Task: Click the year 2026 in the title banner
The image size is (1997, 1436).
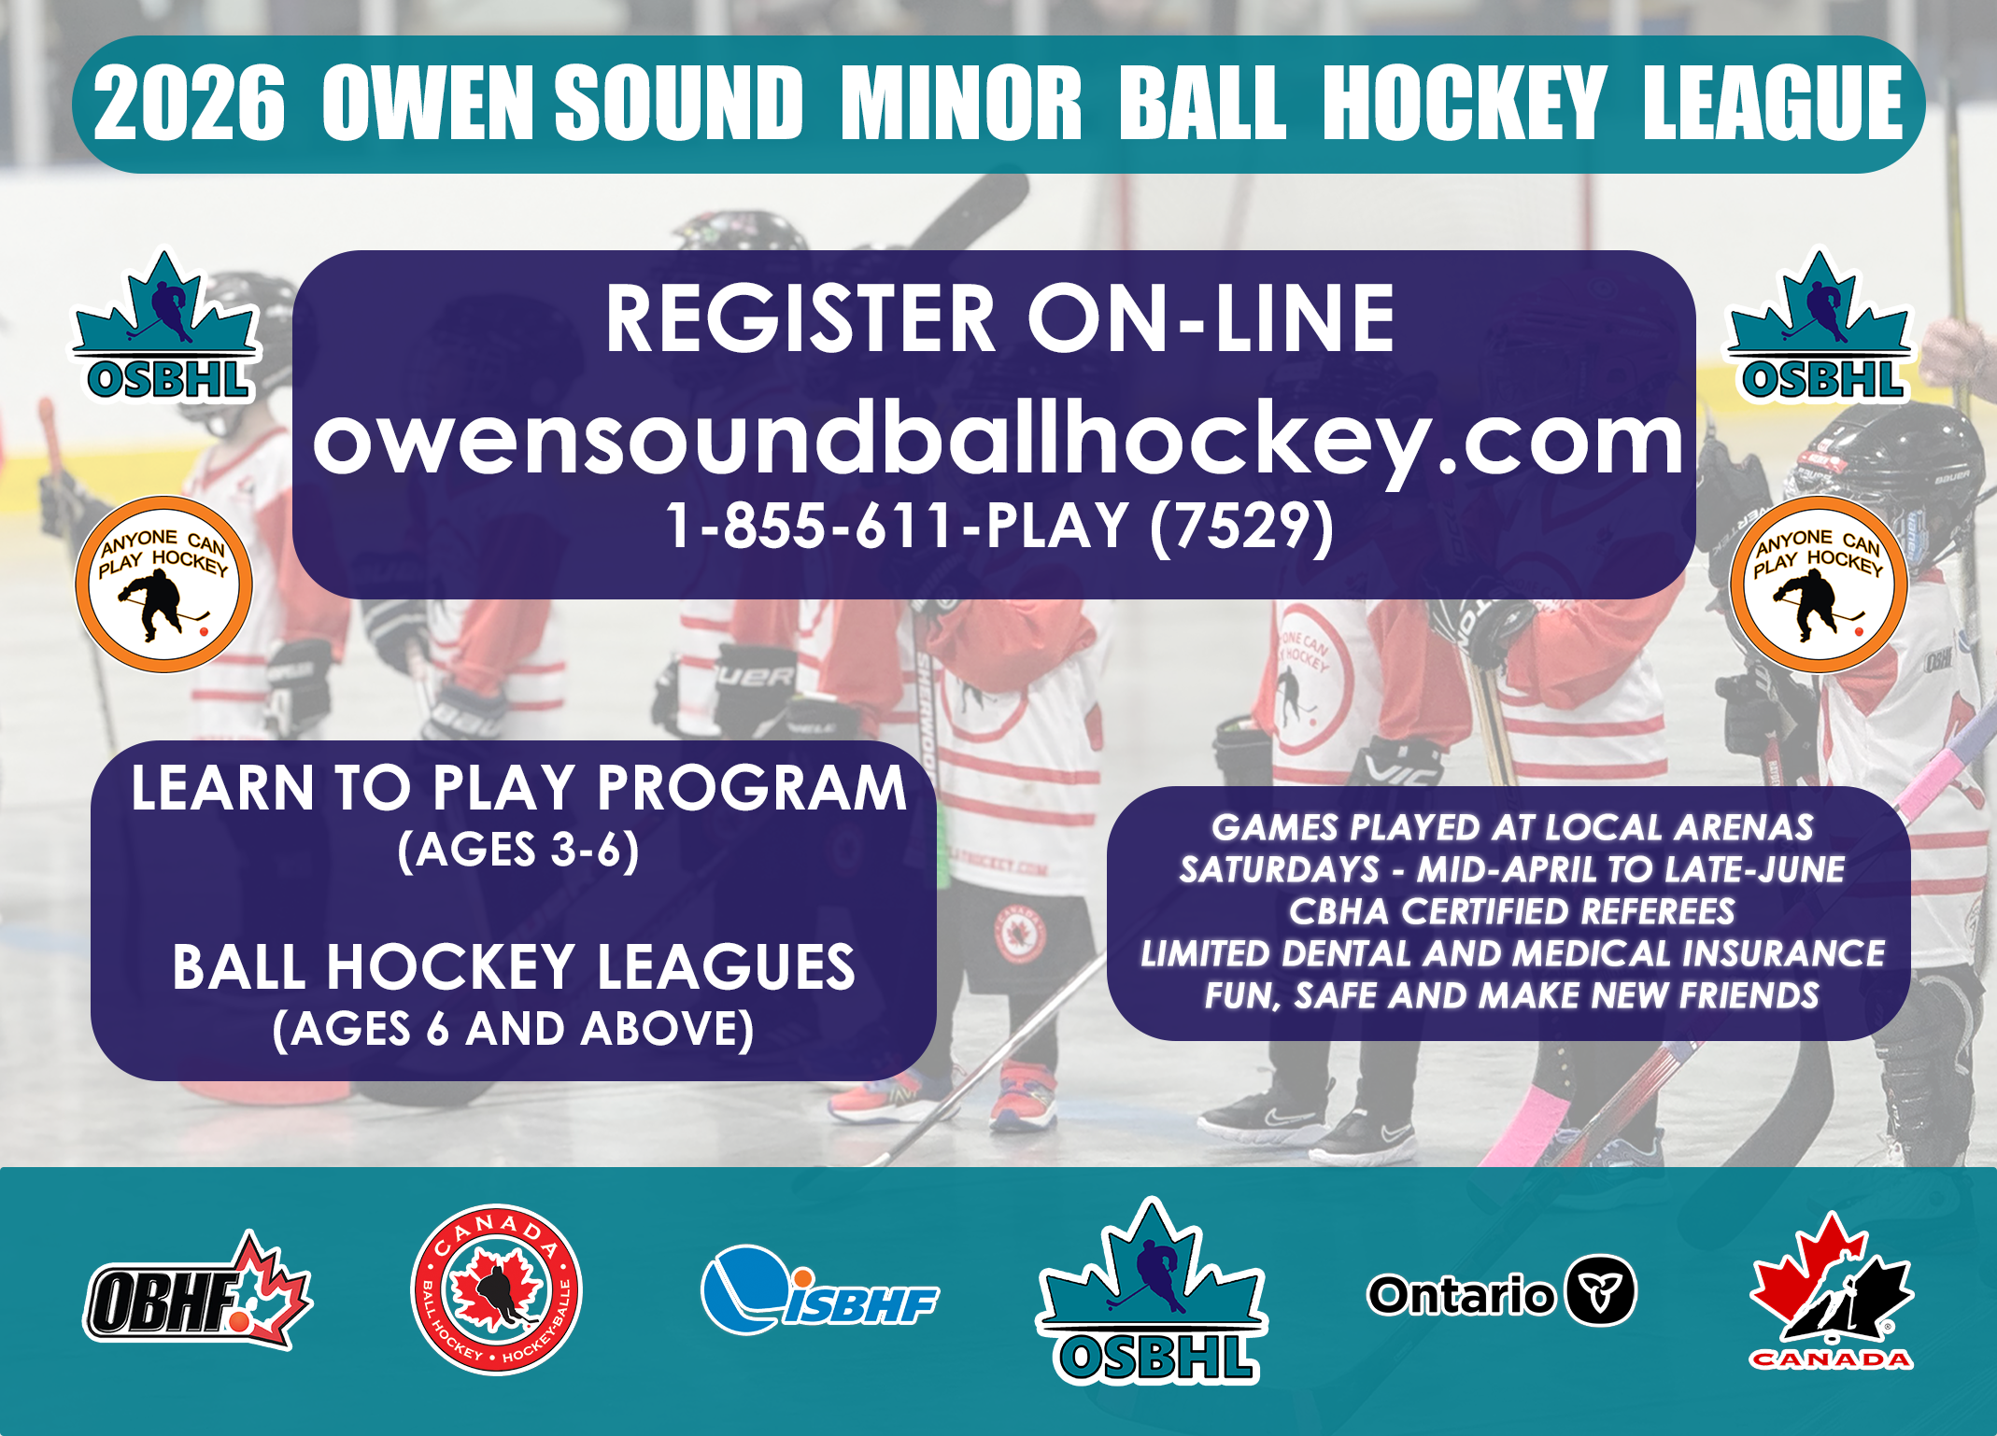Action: pyautogui.click(x=189, y=104)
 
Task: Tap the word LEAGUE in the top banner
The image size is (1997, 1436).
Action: pyautogui.click(x=1773, y=103)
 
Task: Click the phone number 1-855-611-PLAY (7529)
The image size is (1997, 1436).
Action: pyautogui.click(x=998, y=526)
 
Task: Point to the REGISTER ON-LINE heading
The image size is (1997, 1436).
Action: pyautogui.click(x=999, y=318)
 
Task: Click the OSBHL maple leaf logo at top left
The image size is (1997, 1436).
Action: pyautogui.click(x=165, y=326)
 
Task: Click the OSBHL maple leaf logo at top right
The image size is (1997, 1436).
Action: pyautogui.click(x=1819, y=326)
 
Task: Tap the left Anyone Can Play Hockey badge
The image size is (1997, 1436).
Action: pyautogui.click(x=163, y=584)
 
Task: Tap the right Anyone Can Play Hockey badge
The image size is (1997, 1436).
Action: pyautogui.click(x=1819, y=584)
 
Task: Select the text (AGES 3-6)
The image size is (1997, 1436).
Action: pyautogui.click(x=518, y=850)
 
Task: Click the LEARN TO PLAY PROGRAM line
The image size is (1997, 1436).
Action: pyautogui.click(x=518, y=788)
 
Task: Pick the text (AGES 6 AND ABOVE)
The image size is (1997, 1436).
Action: pyautogui.click(x=514, y=1029)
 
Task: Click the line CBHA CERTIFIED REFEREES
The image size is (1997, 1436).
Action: pyautogui.click(x=1511, y=911)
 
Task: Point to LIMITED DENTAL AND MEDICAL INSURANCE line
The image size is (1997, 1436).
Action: pyautogui.click(x=1512, y=953)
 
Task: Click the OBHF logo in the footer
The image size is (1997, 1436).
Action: pyautogui.click(x=198, y=1290)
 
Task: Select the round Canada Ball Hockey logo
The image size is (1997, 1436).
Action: pyautogui.click(x=496, y=1289)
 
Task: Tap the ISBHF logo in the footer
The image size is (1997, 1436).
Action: pyautogui.click(x=819, y=1291)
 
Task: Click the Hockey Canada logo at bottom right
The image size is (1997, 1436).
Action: pyautogui.click(x=1831, y=1290)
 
